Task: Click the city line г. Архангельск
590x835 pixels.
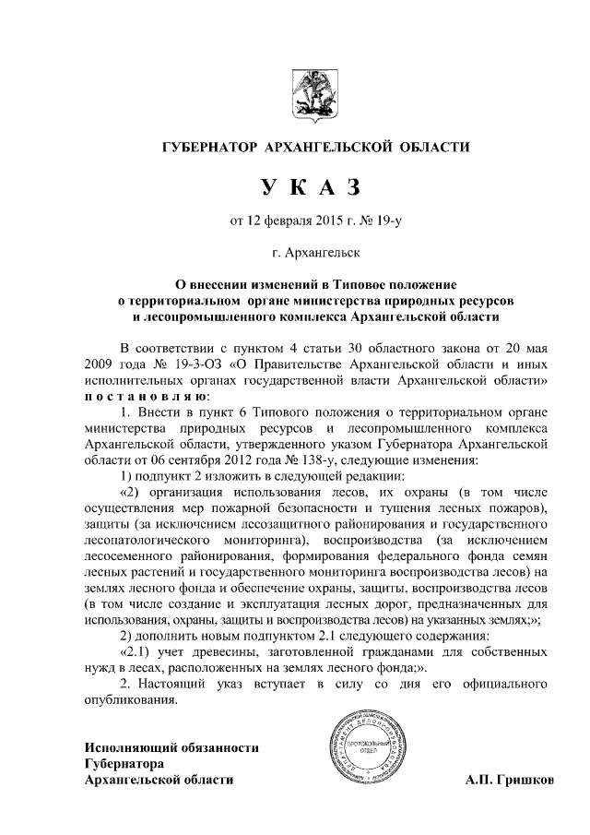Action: click(294, 250)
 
